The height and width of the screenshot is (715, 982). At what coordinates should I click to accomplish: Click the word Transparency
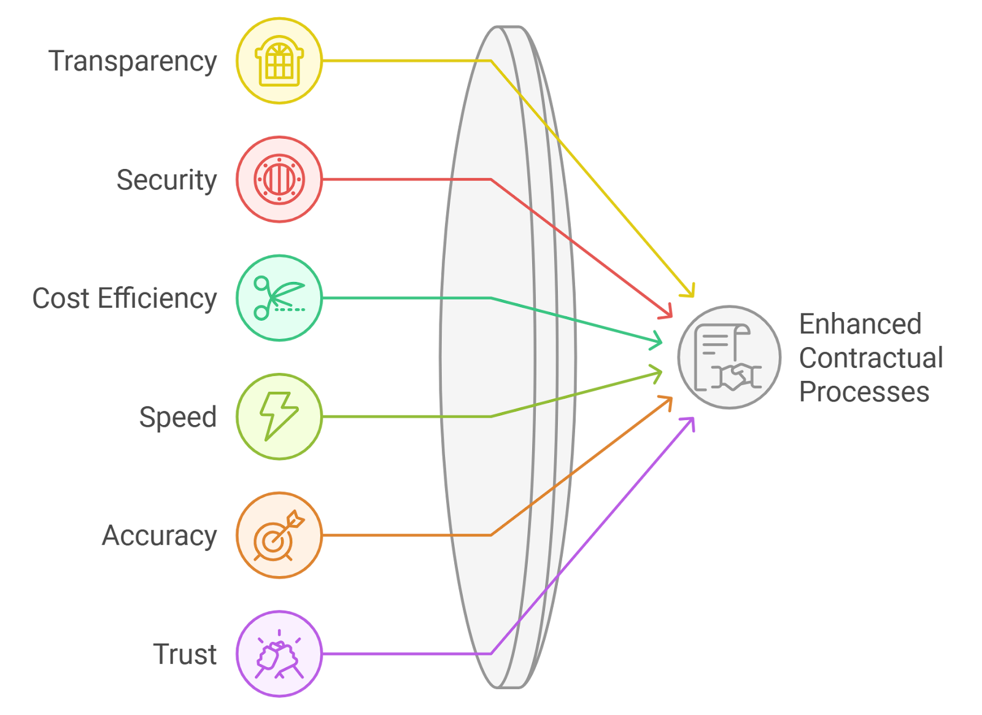point(133,61)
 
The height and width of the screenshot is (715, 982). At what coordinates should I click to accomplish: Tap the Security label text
point(166,180)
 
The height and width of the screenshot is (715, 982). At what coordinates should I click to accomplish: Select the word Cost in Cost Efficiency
point(61,299)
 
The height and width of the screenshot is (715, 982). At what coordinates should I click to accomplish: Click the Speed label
point(177,417)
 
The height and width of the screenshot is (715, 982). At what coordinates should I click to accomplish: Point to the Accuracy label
point(159,536)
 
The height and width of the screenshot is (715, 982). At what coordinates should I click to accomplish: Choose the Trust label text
point(184,654)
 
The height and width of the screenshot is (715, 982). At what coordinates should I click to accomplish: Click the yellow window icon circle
point(279,61)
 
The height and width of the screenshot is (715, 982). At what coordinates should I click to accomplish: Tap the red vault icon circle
point(279,179)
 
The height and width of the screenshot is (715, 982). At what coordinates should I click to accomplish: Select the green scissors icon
point(279,298)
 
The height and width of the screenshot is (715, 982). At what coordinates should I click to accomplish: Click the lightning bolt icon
point(279,416)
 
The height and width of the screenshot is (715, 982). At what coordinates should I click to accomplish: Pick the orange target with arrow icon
point(279,535)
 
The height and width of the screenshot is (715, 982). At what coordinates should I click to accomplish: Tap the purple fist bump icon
point(279,654)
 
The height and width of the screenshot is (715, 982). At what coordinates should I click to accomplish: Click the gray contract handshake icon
point(729,357)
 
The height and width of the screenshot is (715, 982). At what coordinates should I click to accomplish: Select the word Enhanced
point(860,324)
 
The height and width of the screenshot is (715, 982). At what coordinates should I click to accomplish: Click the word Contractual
point(871,358)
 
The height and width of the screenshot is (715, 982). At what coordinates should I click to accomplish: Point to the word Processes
point(864,392)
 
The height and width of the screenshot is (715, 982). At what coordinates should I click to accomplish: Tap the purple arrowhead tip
point(694,419)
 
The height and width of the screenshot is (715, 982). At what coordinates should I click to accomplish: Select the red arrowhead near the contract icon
point(671,316)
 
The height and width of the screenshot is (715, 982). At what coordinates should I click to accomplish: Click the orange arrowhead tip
point(671,399)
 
